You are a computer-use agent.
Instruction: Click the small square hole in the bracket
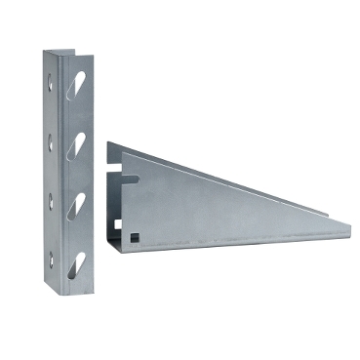(x=133, y=234)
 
